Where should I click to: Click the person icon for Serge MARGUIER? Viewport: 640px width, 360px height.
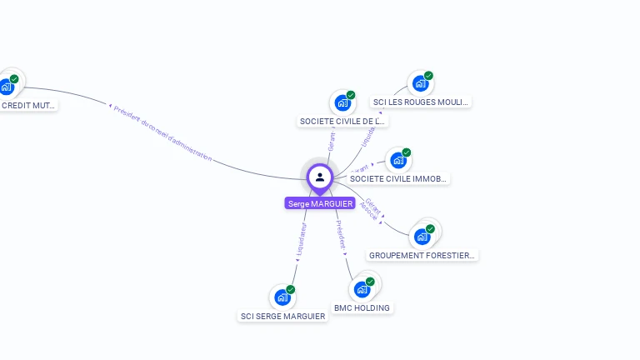tap(320, 177)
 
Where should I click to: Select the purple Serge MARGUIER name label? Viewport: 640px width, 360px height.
tap(320, 203)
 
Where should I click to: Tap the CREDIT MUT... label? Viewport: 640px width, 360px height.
tap(29, 106)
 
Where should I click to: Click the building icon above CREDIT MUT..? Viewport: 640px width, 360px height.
tap(7, 86)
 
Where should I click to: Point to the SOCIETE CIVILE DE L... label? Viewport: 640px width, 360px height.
tap(342, 121)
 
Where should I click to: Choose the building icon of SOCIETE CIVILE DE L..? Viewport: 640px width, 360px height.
tap(342, 102)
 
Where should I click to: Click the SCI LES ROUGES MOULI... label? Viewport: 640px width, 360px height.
tap(421, 102)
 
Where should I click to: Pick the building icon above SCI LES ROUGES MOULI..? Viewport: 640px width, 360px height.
tap(420, 83)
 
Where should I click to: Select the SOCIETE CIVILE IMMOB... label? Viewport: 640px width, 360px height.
tap(399, 178)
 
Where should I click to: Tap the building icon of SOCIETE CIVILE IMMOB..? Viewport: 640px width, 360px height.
tap(398, 160)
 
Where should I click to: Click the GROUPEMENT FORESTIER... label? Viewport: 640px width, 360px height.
tap(422, 255)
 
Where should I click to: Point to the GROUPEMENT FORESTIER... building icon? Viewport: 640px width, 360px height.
tap(422, 237)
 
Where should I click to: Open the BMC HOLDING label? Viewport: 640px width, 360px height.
tap(362, 307)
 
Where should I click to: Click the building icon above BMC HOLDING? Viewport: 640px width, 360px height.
tap(362, 289)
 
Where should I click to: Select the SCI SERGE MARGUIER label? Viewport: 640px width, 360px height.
tap(282, 316)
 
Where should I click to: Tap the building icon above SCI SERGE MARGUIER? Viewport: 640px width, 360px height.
tap(282, 297)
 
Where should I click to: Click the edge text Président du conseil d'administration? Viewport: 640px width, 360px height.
tap(162, 133)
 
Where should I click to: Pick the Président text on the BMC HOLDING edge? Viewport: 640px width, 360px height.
tap(340, 235)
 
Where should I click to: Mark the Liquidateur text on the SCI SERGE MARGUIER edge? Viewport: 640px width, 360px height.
tap(301, 238)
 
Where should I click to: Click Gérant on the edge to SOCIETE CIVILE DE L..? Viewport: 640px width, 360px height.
tap(332, 142)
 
